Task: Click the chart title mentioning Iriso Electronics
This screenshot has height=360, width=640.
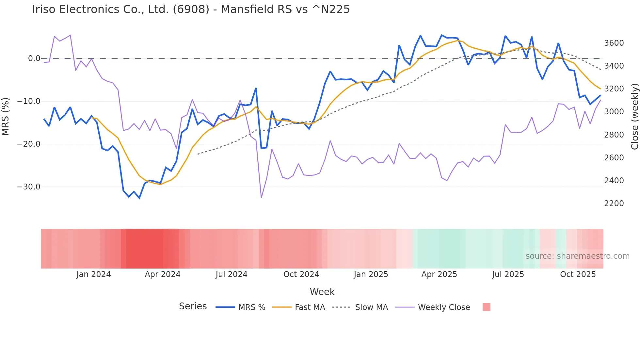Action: (x=191, y=9)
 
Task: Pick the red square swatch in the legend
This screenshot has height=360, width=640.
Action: (x=486, y=307)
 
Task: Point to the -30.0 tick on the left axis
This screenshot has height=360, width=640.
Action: (x=29, y=187)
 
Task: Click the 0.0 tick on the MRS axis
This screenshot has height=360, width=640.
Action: (x=34, y=58)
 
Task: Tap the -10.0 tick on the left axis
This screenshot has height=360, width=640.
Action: (x=29, y=101)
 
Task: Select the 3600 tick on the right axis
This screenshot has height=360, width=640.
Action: (x=614, y=43)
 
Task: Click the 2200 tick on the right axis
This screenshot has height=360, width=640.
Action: (x=614, y=204)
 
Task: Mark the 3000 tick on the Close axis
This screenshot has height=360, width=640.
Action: (x=614, y=112)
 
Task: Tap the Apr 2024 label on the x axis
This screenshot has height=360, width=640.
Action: (x=163, y=274)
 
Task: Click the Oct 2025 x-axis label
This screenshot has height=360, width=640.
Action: (x=578, y=274)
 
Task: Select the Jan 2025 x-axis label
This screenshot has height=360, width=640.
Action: (x=371, y=274)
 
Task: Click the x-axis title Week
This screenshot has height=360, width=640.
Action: (x=322, y=292)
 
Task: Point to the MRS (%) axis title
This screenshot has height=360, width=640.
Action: (x=6, y=116)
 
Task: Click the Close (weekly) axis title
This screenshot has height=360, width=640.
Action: (x=634, y=116)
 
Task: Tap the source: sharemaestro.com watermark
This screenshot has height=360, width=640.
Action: (x=577, y=256)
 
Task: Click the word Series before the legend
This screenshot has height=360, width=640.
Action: (x=193, y=306)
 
